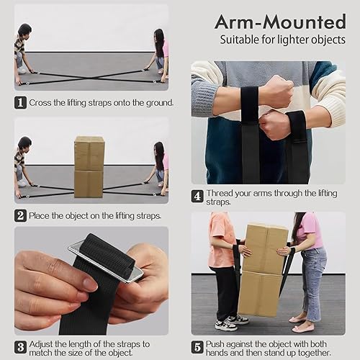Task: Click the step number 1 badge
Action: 20,102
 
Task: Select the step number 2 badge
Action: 20,215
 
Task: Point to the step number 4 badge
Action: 197,195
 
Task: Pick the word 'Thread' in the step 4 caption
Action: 221,194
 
